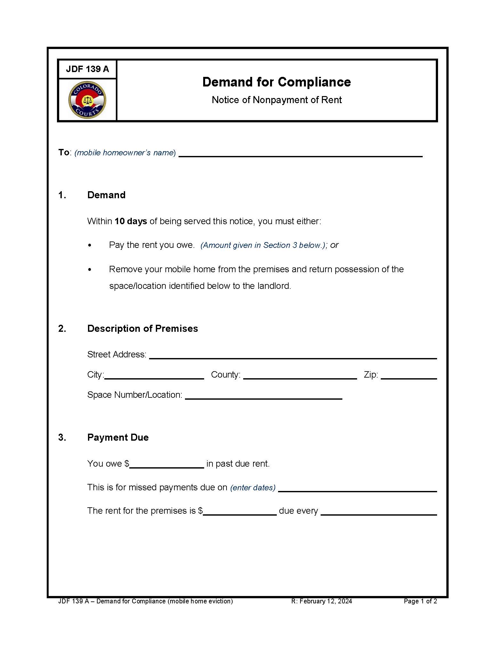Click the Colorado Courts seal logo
tap(87, 100)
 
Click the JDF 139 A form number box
tap(87, 69)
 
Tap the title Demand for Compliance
tap(276, 82)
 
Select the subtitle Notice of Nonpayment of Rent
tap(276, 100)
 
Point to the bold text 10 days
tap(131, 221)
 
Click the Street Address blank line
tap(293, 356)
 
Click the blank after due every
tap(379, 512)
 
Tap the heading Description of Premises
tap(142, 329)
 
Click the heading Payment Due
tap(118, 437)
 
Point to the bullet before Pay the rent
tap(90, 246)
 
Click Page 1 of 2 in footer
tap(420, 601)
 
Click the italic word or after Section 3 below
tap(334, 245)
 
